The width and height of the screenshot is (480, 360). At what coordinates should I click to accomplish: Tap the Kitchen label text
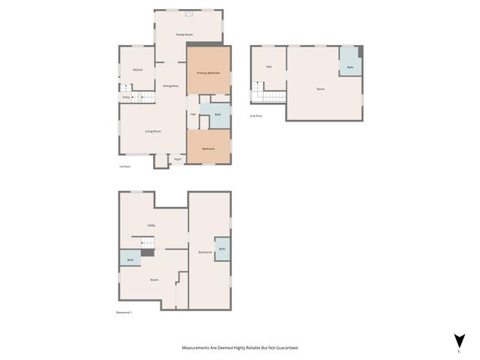[137, 70]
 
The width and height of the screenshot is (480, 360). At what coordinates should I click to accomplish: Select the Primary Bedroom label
[208, 73]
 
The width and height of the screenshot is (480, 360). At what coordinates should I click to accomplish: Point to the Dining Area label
[171, 86]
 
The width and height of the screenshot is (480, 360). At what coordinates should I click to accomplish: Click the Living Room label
[153, 131]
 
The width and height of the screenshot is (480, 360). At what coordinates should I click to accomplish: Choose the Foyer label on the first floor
[178, 159]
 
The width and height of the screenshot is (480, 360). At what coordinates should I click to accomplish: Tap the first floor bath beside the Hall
[217, 115]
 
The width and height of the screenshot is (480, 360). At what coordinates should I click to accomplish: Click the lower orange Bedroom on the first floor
[208, 148]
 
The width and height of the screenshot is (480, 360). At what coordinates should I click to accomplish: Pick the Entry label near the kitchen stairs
[126, 97]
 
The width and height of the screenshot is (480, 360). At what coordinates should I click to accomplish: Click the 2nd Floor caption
[257, 116]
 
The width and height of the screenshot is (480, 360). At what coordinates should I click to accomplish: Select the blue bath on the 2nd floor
[350, 67]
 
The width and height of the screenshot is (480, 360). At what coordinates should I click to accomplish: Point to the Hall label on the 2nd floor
[268, 67]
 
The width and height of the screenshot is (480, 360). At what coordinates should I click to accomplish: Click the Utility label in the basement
[151, 225]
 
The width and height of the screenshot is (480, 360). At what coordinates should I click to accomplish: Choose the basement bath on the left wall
[130, 260]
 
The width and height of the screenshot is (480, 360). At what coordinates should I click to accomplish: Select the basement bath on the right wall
[222, 248]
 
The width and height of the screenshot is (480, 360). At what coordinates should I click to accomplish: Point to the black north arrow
[459, 340]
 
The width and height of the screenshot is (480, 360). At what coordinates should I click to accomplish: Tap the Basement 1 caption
[124, 312]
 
